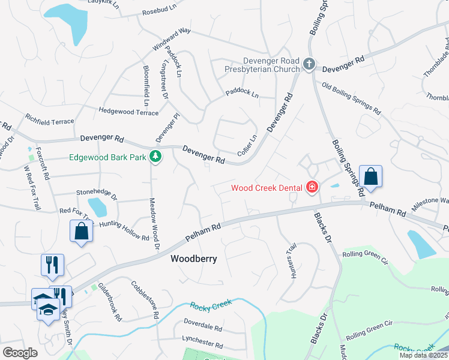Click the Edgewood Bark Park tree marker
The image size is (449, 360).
tap(155, 157)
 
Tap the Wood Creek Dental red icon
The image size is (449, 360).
tap(312, 188)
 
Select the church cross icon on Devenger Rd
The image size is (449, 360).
tap(309, 64)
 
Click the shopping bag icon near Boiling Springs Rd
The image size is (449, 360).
tap(371, 177)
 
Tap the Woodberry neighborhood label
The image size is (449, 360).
tap(193, 259)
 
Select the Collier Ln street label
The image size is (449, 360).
tap(247, 145)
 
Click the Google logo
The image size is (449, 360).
tap(20, 353)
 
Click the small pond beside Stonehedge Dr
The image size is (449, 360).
tap(97, 207)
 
